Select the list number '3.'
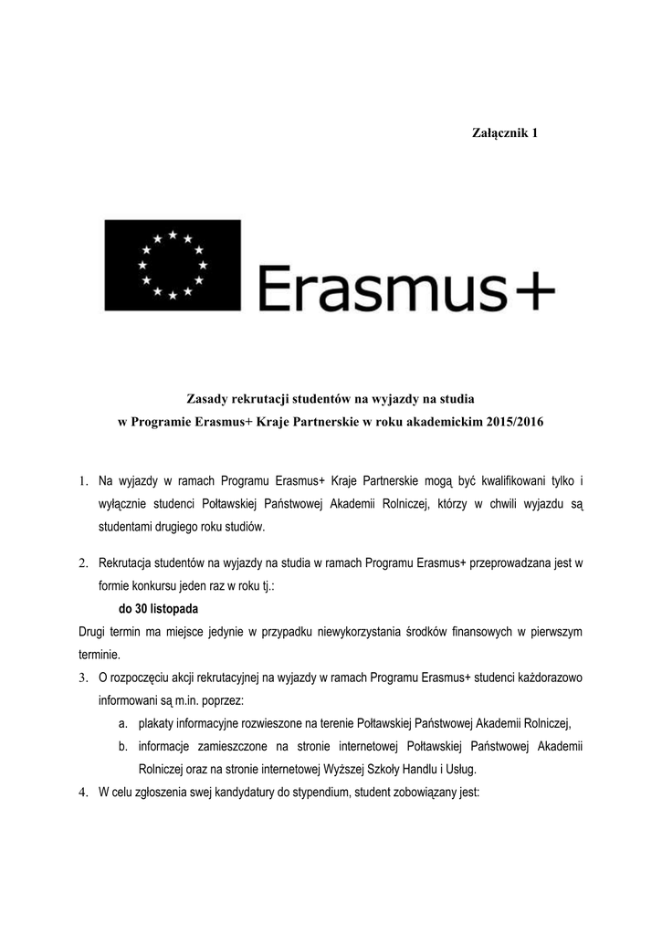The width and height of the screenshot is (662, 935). click(x=82, y=678)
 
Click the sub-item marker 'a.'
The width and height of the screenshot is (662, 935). click(x=122, y=723)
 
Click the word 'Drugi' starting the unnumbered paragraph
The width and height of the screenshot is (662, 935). click(x=93, y=632)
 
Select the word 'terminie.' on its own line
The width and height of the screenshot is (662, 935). click(x=99, y=655)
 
